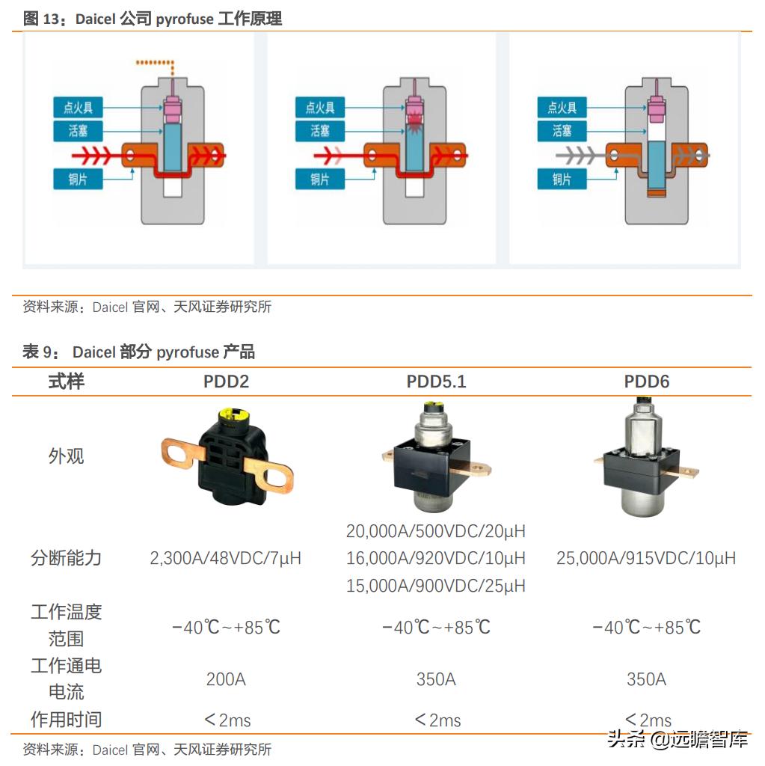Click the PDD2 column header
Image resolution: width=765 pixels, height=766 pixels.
(x=226, y=382)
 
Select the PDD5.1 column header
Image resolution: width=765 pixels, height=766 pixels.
(x=436, y=382)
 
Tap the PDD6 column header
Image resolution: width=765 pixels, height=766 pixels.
(x=646, y=382)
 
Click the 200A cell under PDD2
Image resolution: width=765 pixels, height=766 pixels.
(x=226, y=679)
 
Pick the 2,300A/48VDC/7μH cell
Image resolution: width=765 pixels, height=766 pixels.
(x=226, y=558)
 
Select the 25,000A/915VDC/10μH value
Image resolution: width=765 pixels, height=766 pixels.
(x=646, y=558)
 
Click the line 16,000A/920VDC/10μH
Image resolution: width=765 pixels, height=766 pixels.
(x=436, y=558)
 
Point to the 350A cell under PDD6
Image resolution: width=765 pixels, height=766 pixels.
(x=646, y=679)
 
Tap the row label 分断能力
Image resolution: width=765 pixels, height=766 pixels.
(x=66, y=558)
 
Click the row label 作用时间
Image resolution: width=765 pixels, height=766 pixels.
(x=66, y=720)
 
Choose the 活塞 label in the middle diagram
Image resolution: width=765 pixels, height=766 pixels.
(x=320, y=131)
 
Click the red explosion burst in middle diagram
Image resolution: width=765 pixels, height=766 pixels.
(x=413, y=117)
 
